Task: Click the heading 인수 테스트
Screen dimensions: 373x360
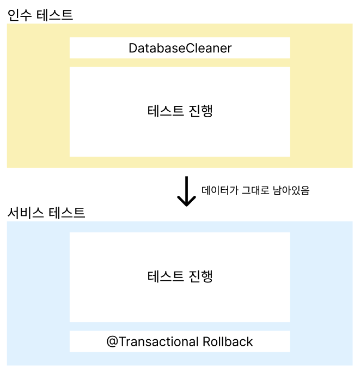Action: click(x=40, y=15)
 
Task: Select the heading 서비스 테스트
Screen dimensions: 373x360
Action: click(x=46, y=212)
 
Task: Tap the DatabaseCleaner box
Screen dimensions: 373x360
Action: click(x=180, y=48)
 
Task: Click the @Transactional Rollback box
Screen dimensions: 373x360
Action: click(x=180, y=342)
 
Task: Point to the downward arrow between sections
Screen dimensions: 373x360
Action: click(x=187, y=191)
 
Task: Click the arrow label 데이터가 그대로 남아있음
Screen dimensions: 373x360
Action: click(x=255, y=191)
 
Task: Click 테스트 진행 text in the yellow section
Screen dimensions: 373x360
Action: click(x=180, y=111)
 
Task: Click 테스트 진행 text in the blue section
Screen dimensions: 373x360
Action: click(x=180, y=276)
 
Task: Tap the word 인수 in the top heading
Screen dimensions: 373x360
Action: click(x=20, y=15)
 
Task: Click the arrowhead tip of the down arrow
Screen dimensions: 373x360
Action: click(x=187, y=205)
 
